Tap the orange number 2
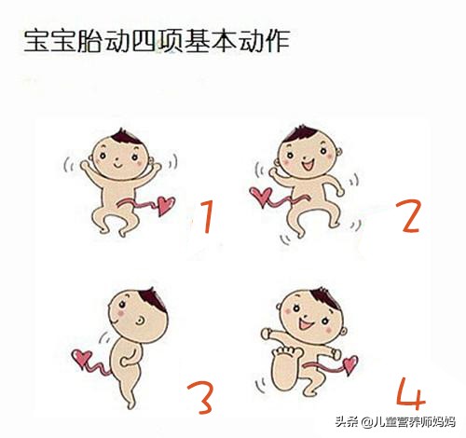pyautogui.click(x=410, y=216)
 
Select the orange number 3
pyautogui.click(x=200, y=398)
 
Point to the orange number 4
pyautogui.click(x=411, y=393)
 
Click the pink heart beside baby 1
pyautogui.click(x=166, y=205)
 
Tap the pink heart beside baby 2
pyautogui.click(x=261, y=196)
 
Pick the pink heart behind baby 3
pyautogui.click(x=81, y=358)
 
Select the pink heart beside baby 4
pyautogui.click(x=350, y=364)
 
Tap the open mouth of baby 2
pyautogui.click(x=308, y=165)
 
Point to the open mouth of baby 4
pyautogui.click(x=305, y=324)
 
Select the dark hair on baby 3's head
pyautogui.click(x=153, y=299)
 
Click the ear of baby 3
pyautogui.click(x=140, y=321)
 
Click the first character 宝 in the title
pyautogui.click(x=36, y=41)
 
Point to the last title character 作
pyautogui.click(x=278, y=41)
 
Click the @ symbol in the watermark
pyautogui.click(x=367, y=422)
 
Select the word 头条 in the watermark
pyautogui.click(x=347, y=422)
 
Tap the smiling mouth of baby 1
pyautogui.click(x=118, y=165)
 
